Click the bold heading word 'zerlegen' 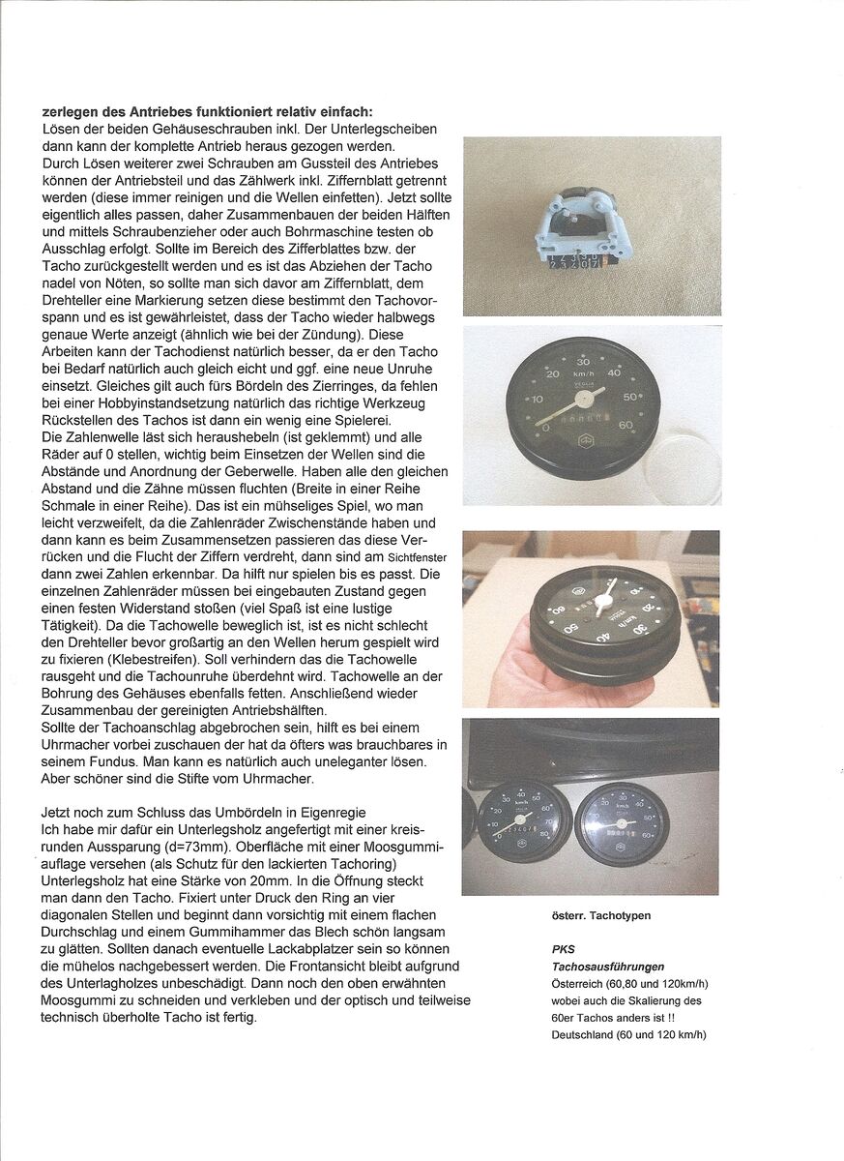(71, 112)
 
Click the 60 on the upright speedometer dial (625, 424)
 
